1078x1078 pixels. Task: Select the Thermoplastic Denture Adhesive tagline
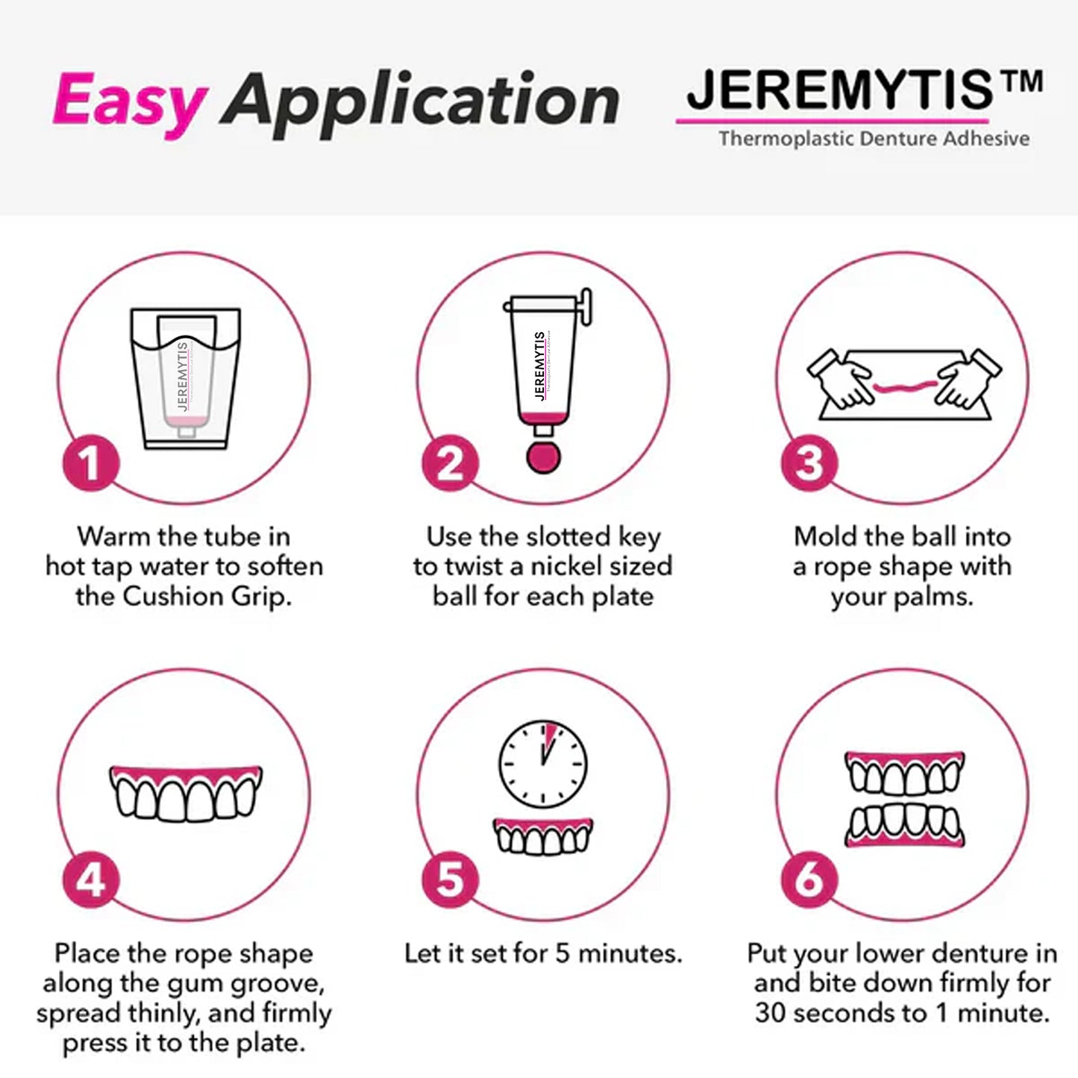pyautogui.click(x=874, y=139)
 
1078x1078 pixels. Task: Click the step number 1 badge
pyautogui.click(x=90, y=463)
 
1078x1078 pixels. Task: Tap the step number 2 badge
pyautogui.click(x=450, y=463)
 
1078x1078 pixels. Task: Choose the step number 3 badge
pyautogui.click(x=809, y=463)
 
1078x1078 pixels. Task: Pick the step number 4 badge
pyautogui.click(x=90, y=880)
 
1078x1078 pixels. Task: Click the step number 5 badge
pyautogui.click(x=450, y=880)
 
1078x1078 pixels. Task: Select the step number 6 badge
pyautogui.click(x=809, y=880)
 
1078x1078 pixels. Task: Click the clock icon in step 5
pyautogui.click(x=543, y=763)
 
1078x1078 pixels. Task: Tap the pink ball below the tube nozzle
pyautogui.click(x=543, y=457)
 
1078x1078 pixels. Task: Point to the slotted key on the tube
pyautogui.click(x=585, y=307)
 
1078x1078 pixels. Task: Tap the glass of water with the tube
pyautogui.click(x=185, y=378)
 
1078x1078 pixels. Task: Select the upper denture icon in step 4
pyautogui.click(x=186, y=793)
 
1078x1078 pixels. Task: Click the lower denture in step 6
pyautogui.click(x=905, y=827)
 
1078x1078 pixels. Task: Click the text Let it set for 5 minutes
pyautogui.click(x=543, y=953)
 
